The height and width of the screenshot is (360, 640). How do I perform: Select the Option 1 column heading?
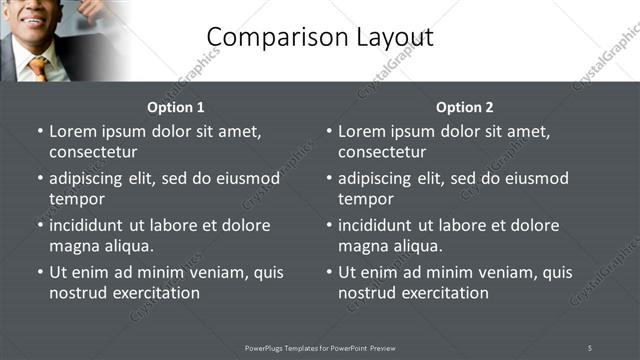(x=176, y=107)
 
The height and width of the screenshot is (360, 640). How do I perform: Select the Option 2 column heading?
(x=465, y=107)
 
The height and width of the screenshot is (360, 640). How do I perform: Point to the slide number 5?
(x=590, y=347)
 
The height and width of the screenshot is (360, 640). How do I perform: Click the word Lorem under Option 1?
(x=72, y=131)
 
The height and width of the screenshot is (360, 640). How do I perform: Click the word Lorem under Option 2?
(x=361, y=131)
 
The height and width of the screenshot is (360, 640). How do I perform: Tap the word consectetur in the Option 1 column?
(x=93, y=152)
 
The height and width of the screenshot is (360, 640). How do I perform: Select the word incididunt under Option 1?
(x=89, y=225)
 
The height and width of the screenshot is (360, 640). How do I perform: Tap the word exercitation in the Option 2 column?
(x=443, y=293)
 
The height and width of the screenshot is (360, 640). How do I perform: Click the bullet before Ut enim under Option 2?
(x=329, y=272)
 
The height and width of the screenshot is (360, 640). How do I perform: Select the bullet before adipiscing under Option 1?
(x=40, y=178)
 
